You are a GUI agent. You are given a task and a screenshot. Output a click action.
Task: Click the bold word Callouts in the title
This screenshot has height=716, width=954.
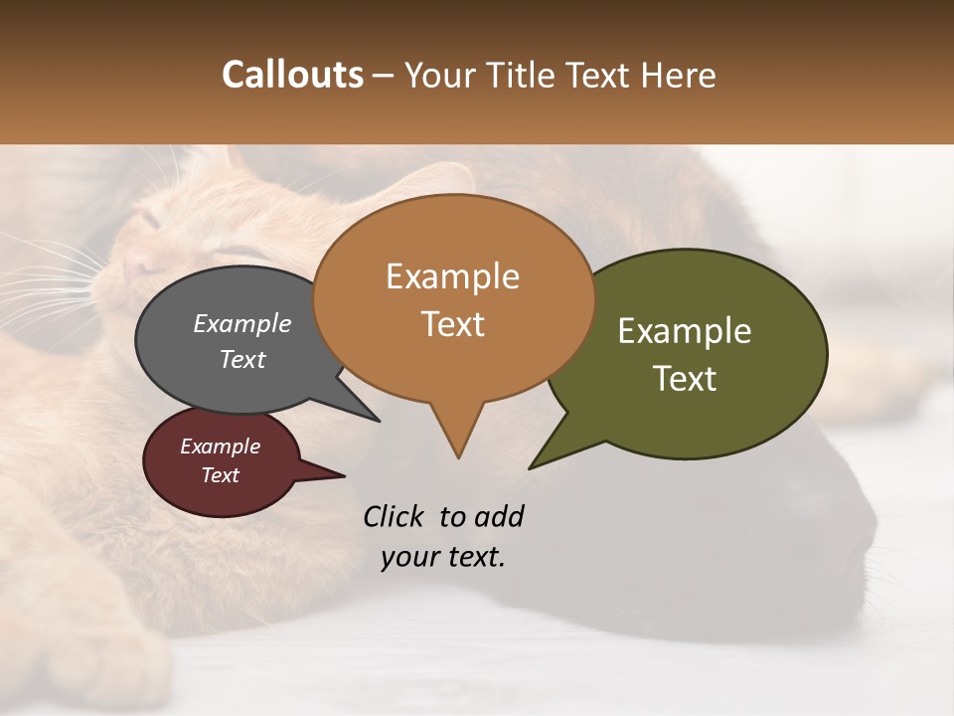pyautogui.click(x=292, y=75)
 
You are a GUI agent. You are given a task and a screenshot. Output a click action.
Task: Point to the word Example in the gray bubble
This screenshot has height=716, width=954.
pyautogui.click(x=241, y=323)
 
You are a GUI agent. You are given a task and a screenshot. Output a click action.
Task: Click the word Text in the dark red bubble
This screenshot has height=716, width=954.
pyautogui.click(x=221, y=475)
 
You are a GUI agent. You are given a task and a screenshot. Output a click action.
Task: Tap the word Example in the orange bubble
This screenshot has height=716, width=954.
pyautogui.click(x=452, y=276)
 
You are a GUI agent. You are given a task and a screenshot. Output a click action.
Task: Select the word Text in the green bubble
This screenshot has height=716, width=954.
pyautogui.click(x=685, y=379)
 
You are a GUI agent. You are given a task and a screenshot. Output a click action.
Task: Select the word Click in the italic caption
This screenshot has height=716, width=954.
pyautogui.click(x=395, y=516)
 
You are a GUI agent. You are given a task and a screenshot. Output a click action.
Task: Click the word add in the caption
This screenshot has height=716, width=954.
pyautogui.click(x=499, y=516)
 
